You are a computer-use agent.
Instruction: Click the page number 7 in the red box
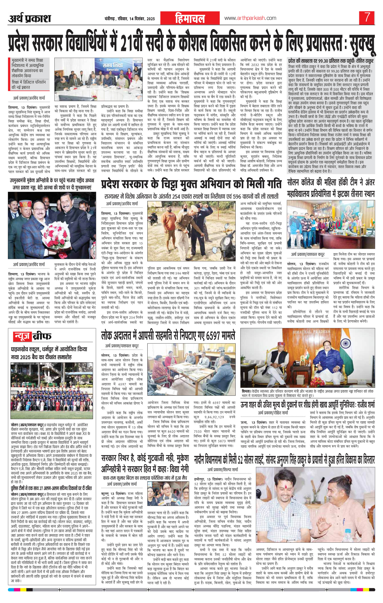tap(367, 18)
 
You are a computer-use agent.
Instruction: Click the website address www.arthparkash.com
tap(250, 18)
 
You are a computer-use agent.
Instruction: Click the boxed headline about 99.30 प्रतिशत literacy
tap(331, 61)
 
